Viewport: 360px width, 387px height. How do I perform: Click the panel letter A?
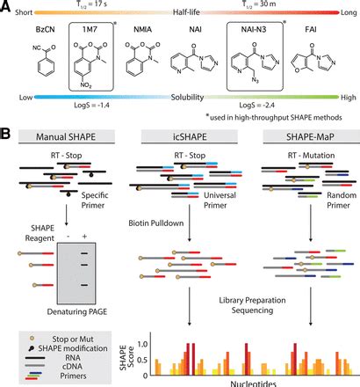tap(8, 8)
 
